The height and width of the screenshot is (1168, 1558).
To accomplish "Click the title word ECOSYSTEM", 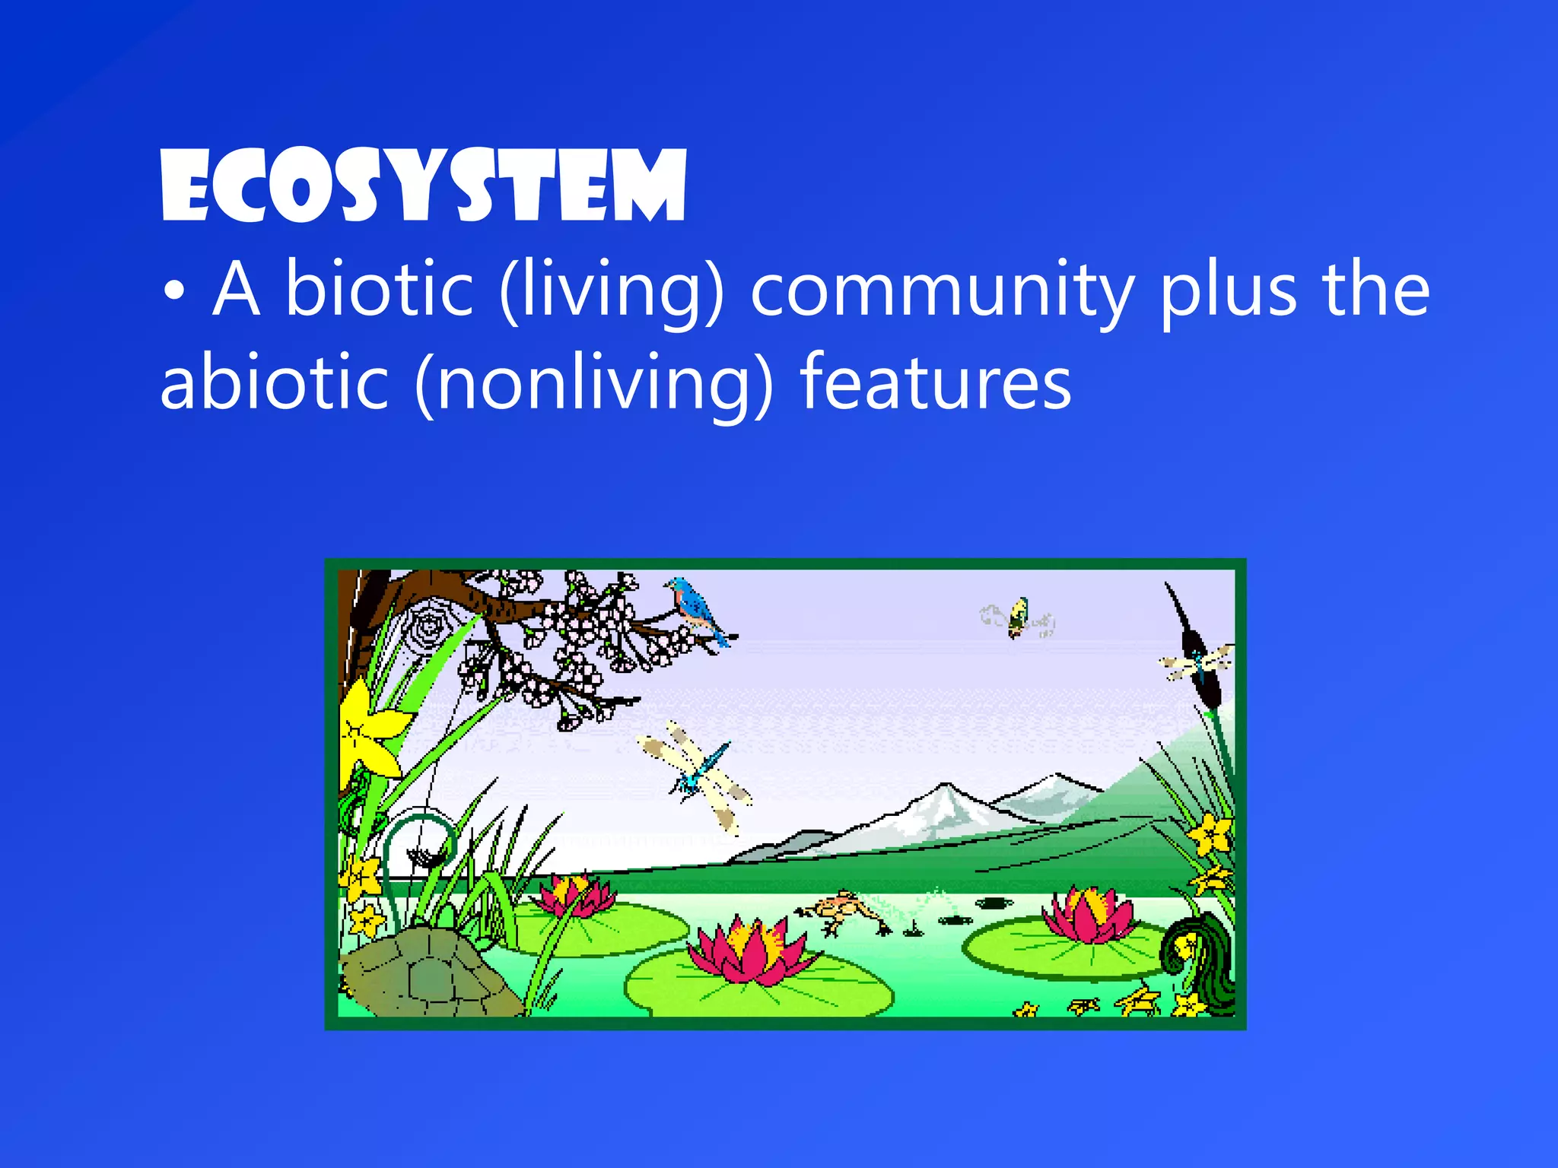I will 424,186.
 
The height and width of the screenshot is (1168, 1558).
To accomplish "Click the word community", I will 942,292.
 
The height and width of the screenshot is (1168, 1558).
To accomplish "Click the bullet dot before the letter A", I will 174,293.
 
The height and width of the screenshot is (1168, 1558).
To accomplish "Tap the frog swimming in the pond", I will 840,910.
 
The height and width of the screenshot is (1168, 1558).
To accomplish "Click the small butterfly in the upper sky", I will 1017,617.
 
